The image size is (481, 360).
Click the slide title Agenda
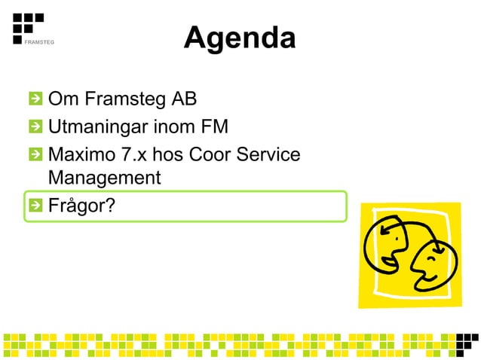click(x=239, y=38)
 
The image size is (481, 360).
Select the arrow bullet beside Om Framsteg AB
click(x=35, y=99)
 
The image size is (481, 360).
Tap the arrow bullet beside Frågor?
click(x=35, y=205)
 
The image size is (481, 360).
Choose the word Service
click(x=270, y=155)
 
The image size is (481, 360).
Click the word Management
click(x=104, y=178)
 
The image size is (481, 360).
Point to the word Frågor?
click(x=81, y=205)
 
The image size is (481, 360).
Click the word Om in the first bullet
click(x=62, y=99)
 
